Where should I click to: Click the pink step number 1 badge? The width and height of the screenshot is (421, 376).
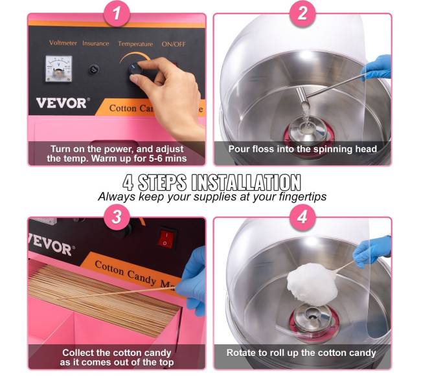click(117, 14)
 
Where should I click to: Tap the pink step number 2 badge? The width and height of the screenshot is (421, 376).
click(302, 14)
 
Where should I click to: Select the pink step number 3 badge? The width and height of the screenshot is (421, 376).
click(117, 217)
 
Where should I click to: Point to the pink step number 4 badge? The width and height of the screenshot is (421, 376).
click(302, 217)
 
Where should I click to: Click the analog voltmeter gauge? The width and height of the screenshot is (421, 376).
click(59, 69)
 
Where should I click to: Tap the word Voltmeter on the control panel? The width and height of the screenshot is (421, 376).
click(63, 43)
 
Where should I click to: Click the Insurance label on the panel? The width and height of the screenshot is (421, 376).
click(96, 43)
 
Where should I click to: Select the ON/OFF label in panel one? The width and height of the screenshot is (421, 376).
click(174, 44)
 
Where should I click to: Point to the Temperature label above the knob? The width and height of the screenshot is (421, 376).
click(135, 44)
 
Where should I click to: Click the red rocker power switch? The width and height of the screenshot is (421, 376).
click(166, 238)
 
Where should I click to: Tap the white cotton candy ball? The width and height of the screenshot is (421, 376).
click(312, 284)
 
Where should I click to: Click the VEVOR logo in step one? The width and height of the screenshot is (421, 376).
click(62, 103)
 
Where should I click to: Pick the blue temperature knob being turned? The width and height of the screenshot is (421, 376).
click(135, 69)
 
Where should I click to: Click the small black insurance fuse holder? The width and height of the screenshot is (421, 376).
click(93, 70)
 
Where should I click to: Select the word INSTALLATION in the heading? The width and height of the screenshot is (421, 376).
click(246, 182)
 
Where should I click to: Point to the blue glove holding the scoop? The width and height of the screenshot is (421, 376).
click(377, 67)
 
